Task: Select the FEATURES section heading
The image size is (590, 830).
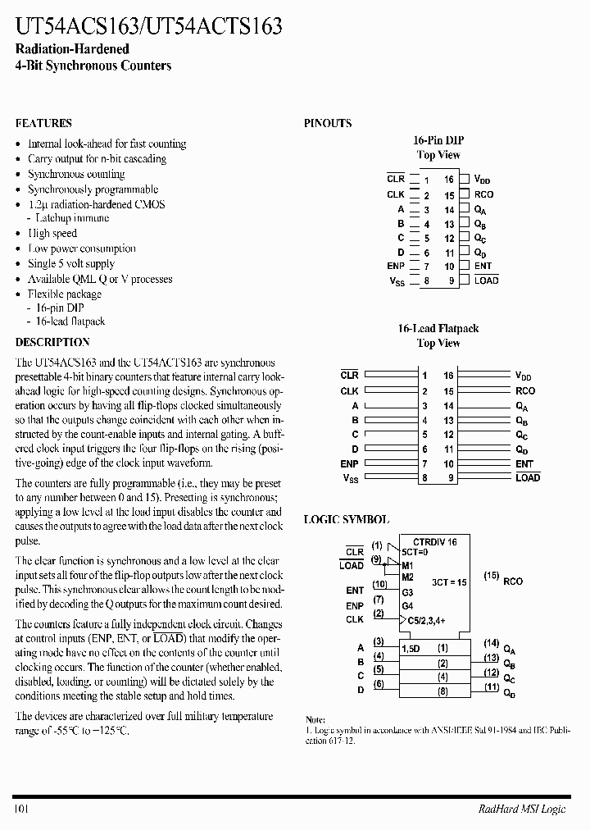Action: (x=43, y=123)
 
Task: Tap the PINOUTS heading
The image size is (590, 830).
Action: (x=328, y=123)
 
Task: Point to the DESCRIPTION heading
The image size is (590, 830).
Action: (x=52, y=342)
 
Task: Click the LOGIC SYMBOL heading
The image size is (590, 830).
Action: (x=347, y=520)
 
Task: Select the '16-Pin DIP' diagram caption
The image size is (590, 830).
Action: (x=438, y=140)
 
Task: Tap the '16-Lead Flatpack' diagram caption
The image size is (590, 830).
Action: (x=438, y=328)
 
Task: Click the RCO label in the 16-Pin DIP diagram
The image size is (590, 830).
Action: (x=483, y=194)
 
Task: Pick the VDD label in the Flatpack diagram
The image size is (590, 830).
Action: (x=524, y=376)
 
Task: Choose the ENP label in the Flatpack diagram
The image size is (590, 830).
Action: (x=350, y=463)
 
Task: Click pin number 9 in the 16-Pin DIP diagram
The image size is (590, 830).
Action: (x=449, y=280)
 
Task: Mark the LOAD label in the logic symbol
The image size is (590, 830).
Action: (x=351, y=566)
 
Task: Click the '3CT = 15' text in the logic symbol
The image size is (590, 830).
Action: (x=449, y=581)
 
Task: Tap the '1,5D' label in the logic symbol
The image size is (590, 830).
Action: (x=411, y=649)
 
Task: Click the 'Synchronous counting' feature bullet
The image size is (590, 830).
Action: (x=76, y=174)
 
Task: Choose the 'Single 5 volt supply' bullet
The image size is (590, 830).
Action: (x=71, y=263)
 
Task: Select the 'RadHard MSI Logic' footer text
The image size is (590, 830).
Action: (x=522, y=809)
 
